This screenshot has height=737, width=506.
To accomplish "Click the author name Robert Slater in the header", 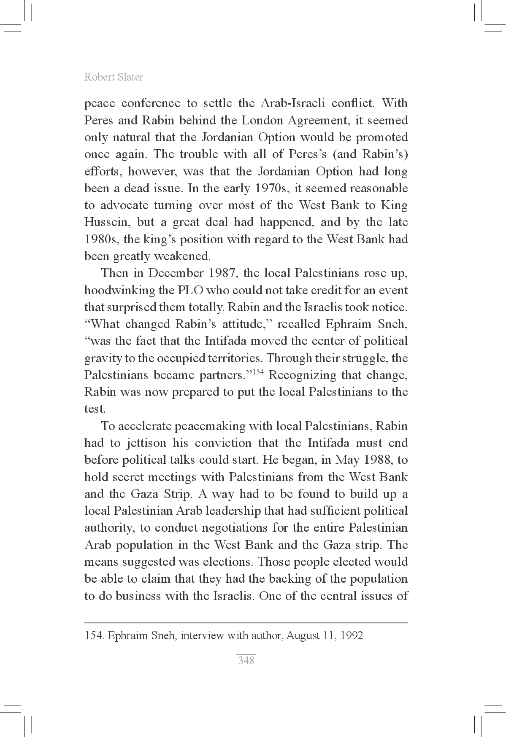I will pyautogui.click(x=114, y=77).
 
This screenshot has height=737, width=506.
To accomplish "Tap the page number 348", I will pyautogui.click(x=246, y=660).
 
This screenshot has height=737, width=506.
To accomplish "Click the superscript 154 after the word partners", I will pyautogui.click(x=258, y=371).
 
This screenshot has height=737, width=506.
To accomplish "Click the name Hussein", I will pyautogui.click(x=107, y=222).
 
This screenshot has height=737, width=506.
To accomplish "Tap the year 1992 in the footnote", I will pyautogui.click(x=352, y=635).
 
